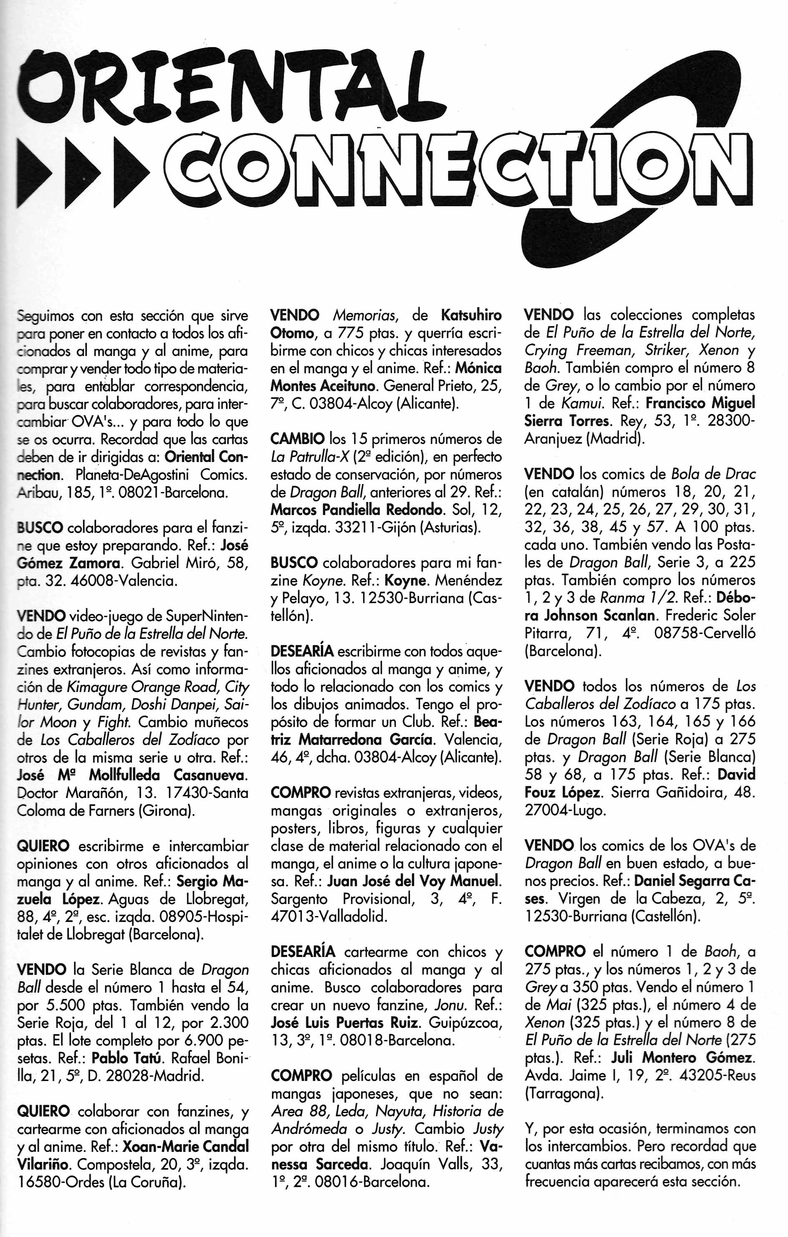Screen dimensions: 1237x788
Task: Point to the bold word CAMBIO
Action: coord(298,439)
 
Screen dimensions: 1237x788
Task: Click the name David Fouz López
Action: coord(737,774)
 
